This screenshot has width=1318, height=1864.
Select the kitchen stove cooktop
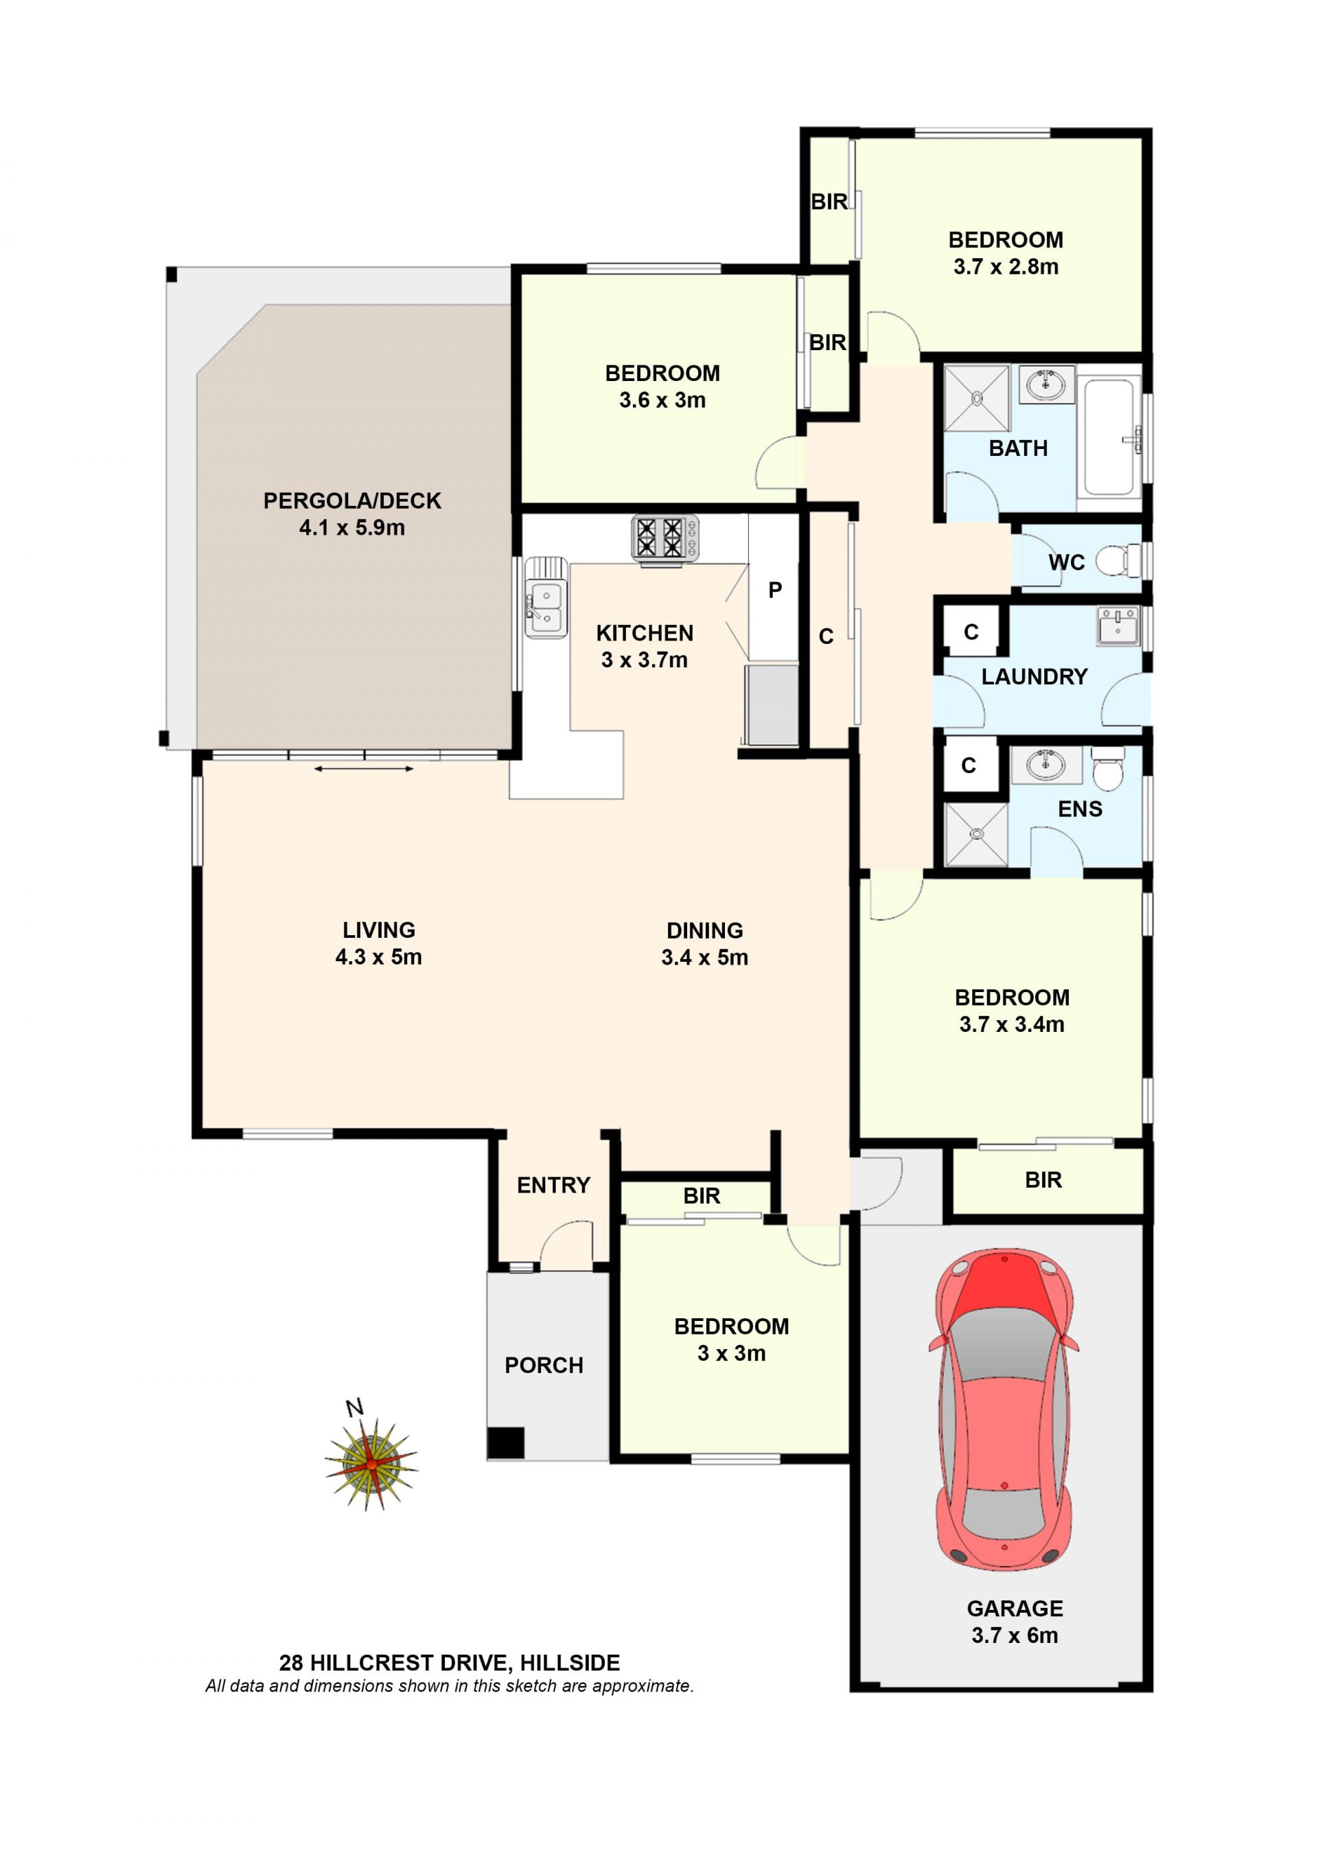(x=664, y=538)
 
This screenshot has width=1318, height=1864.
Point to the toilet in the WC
(x=1118, y=560)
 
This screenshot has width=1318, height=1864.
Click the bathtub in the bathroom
(x=1109, y=437)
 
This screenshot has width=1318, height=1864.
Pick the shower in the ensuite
(x=976, y=833)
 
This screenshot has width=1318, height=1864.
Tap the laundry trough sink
(x=1118, y=626)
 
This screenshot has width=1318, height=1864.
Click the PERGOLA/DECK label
(x=352, y=501)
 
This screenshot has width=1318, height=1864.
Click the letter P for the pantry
(x=775, y=590)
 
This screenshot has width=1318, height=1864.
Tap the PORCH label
(x=544, y=1366)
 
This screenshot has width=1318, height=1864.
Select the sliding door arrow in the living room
(x=364, y=768)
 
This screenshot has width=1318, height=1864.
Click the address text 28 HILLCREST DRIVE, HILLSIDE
(x=450, y=1664)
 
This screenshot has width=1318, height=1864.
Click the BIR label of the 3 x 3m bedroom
(x=701, y=1196)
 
